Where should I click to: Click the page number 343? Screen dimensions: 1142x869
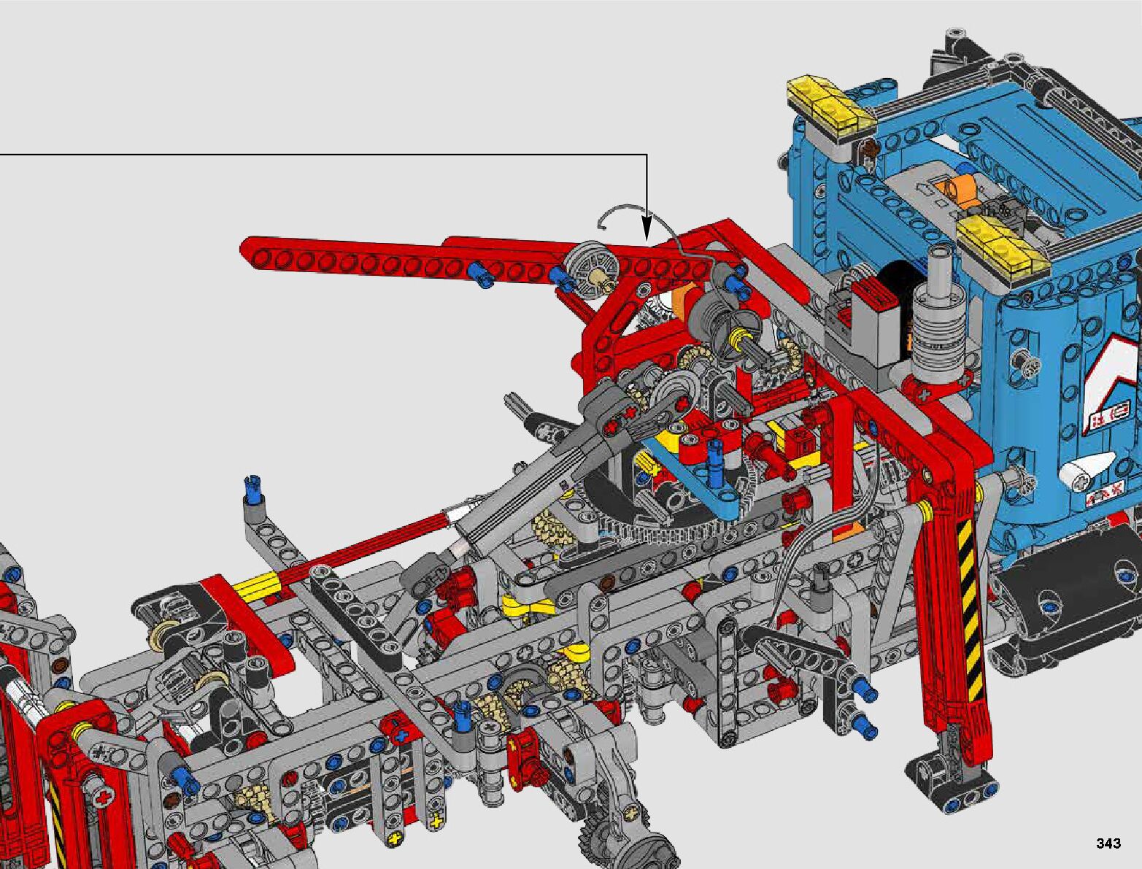tap(1108, 843)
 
